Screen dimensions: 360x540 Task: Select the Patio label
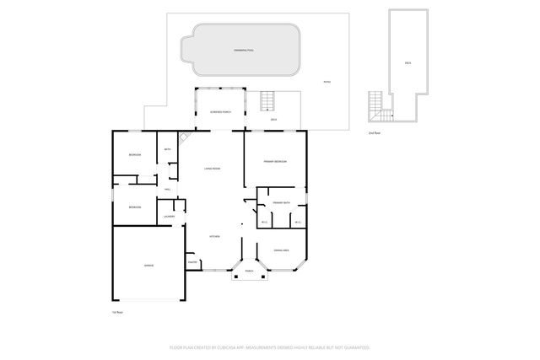[x=327, y=82]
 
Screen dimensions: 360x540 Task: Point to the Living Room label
[x=212, y=169]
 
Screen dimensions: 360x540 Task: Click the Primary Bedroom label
[x=275, y=161]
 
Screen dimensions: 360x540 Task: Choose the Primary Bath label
[x=282, y=202]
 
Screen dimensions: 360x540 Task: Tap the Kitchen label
[x=214, y=237]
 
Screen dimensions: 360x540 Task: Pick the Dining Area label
[x=282, y=250]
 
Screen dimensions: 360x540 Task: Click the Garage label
[x=148, y=266]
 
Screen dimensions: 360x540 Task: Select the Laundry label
[x=169, y=218]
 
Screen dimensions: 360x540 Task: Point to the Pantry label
[x=192, y=263]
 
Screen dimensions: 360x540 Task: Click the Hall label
[x=168, y=190]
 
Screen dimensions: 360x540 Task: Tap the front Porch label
[x=249, y=271]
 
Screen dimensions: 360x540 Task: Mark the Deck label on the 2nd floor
[x=408, y=63]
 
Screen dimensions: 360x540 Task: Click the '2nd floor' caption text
[x=373, y=132]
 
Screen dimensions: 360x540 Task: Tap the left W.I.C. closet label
[x=264, y=223]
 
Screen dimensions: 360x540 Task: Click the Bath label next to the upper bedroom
[x=168, y=150]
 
